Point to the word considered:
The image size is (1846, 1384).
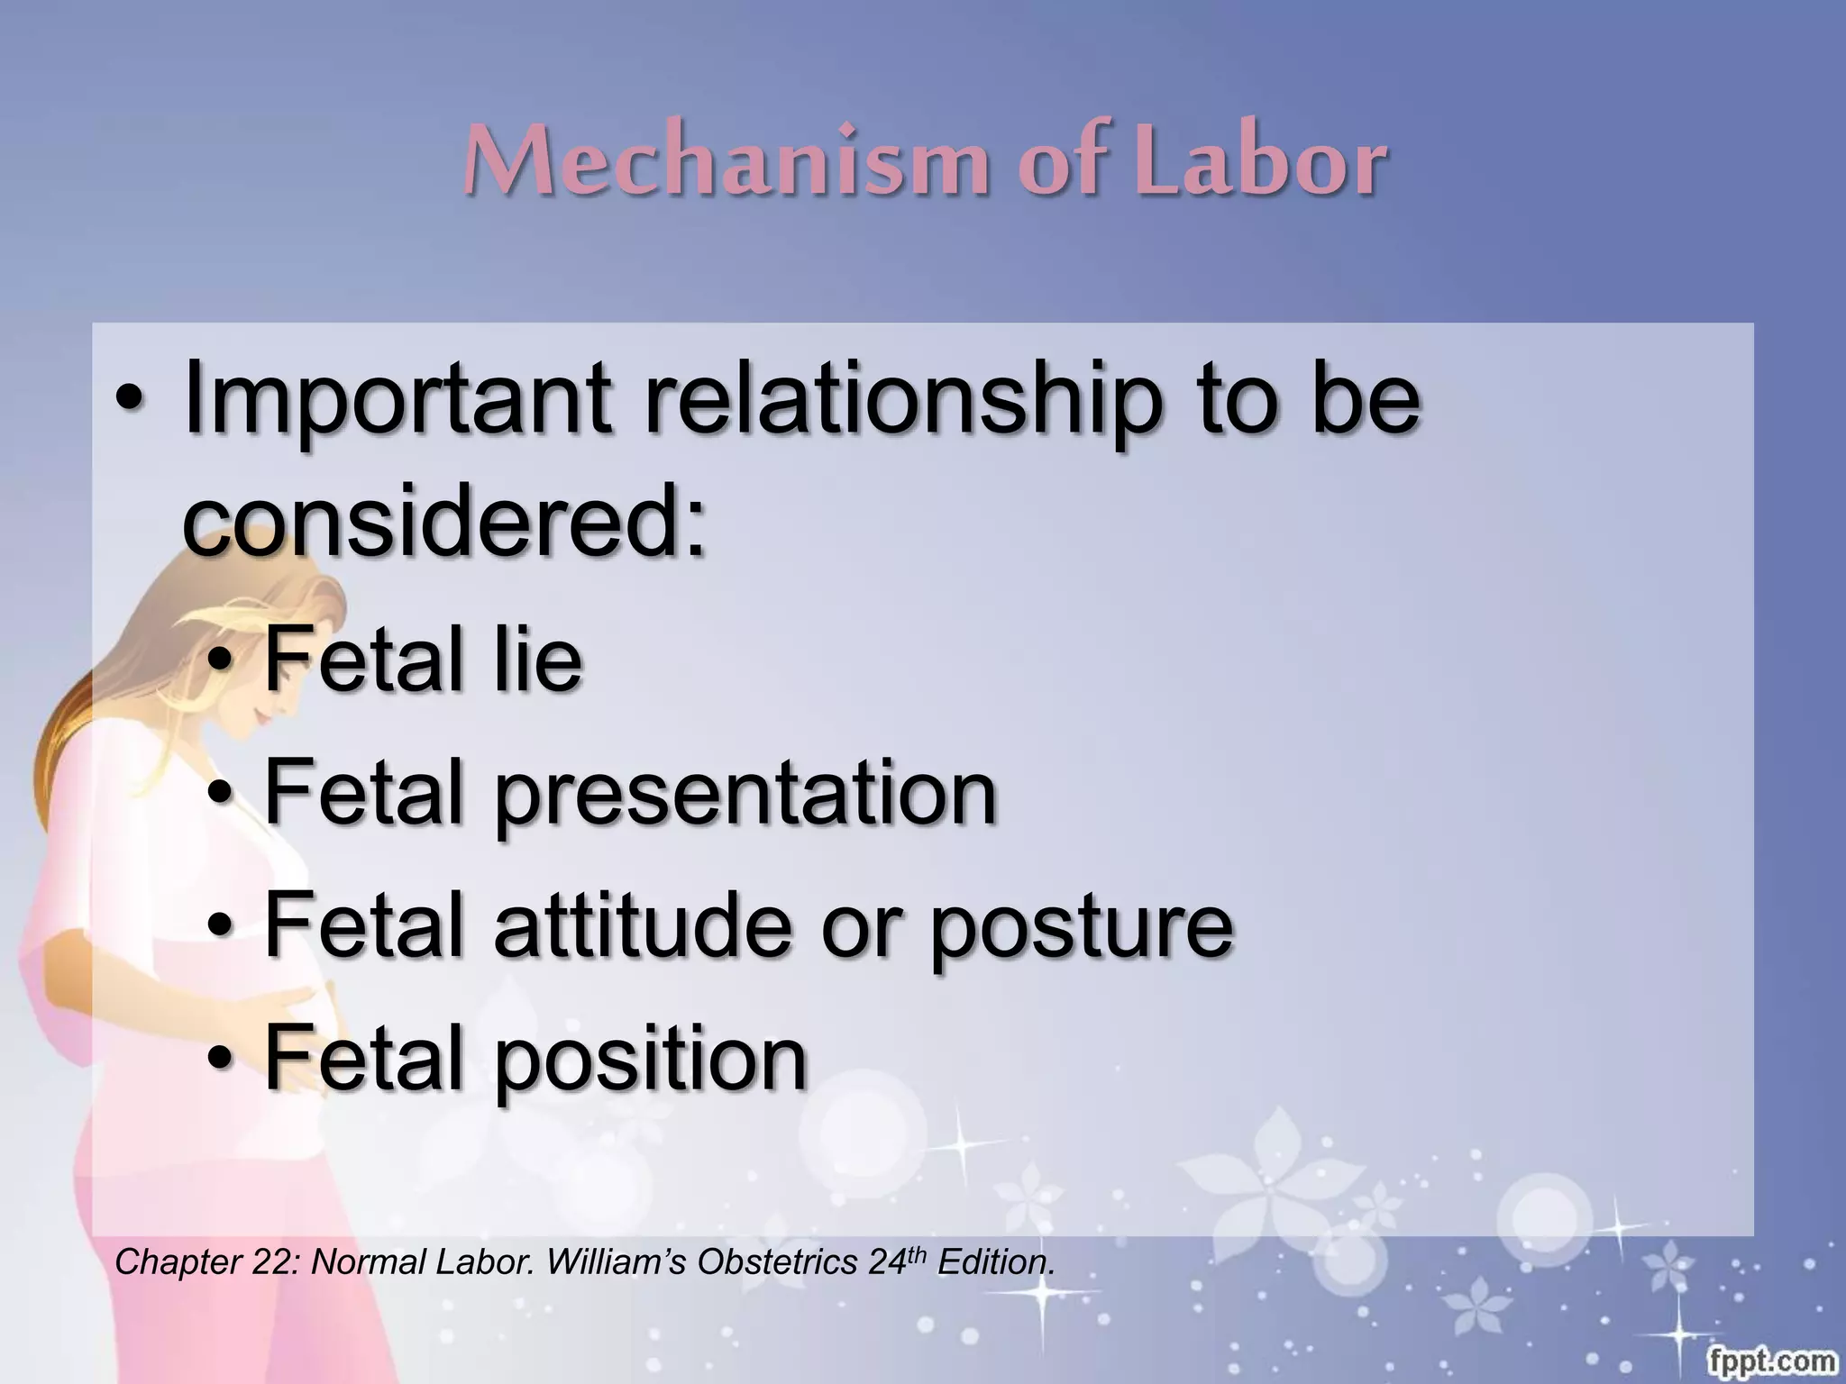[x=443, y=522]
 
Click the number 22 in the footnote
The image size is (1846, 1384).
[x=271, y=1262]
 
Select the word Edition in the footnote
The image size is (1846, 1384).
[x=995, y=1262]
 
